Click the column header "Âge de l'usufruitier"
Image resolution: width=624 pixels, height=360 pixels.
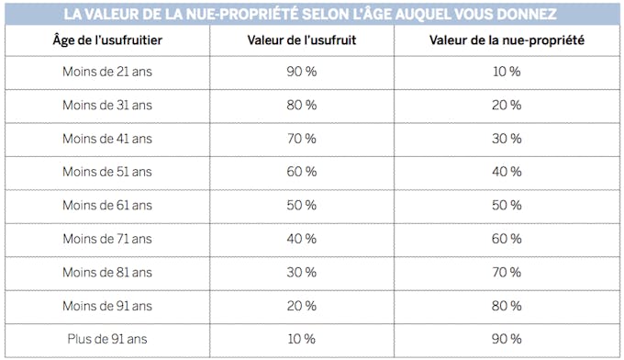point(107,41)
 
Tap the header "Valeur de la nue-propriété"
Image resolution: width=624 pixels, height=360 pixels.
point(507,41)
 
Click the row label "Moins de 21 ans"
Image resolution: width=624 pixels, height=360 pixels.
point(107,72)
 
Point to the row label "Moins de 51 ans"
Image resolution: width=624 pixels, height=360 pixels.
point(107,172)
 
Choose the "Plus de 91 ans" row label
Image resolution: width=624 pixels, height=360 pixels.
point(107,339)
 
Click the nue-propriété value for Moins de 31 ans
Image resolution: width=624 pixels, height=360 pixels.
point(507,105)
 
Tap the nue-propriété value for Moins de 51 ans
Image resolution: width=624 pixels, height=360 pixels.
point(507,172)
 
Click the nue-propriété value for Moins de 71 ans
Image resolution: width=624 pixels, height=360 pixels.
point(507,239)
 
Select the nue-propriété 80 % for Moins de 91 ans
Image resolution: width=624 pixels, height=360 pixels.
point(507,306)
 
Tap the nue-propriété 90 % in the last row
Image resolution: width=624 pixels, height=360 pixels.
point(507,339)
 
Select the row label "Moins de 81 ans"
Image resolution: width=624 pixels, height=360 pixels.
point(107,272)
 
